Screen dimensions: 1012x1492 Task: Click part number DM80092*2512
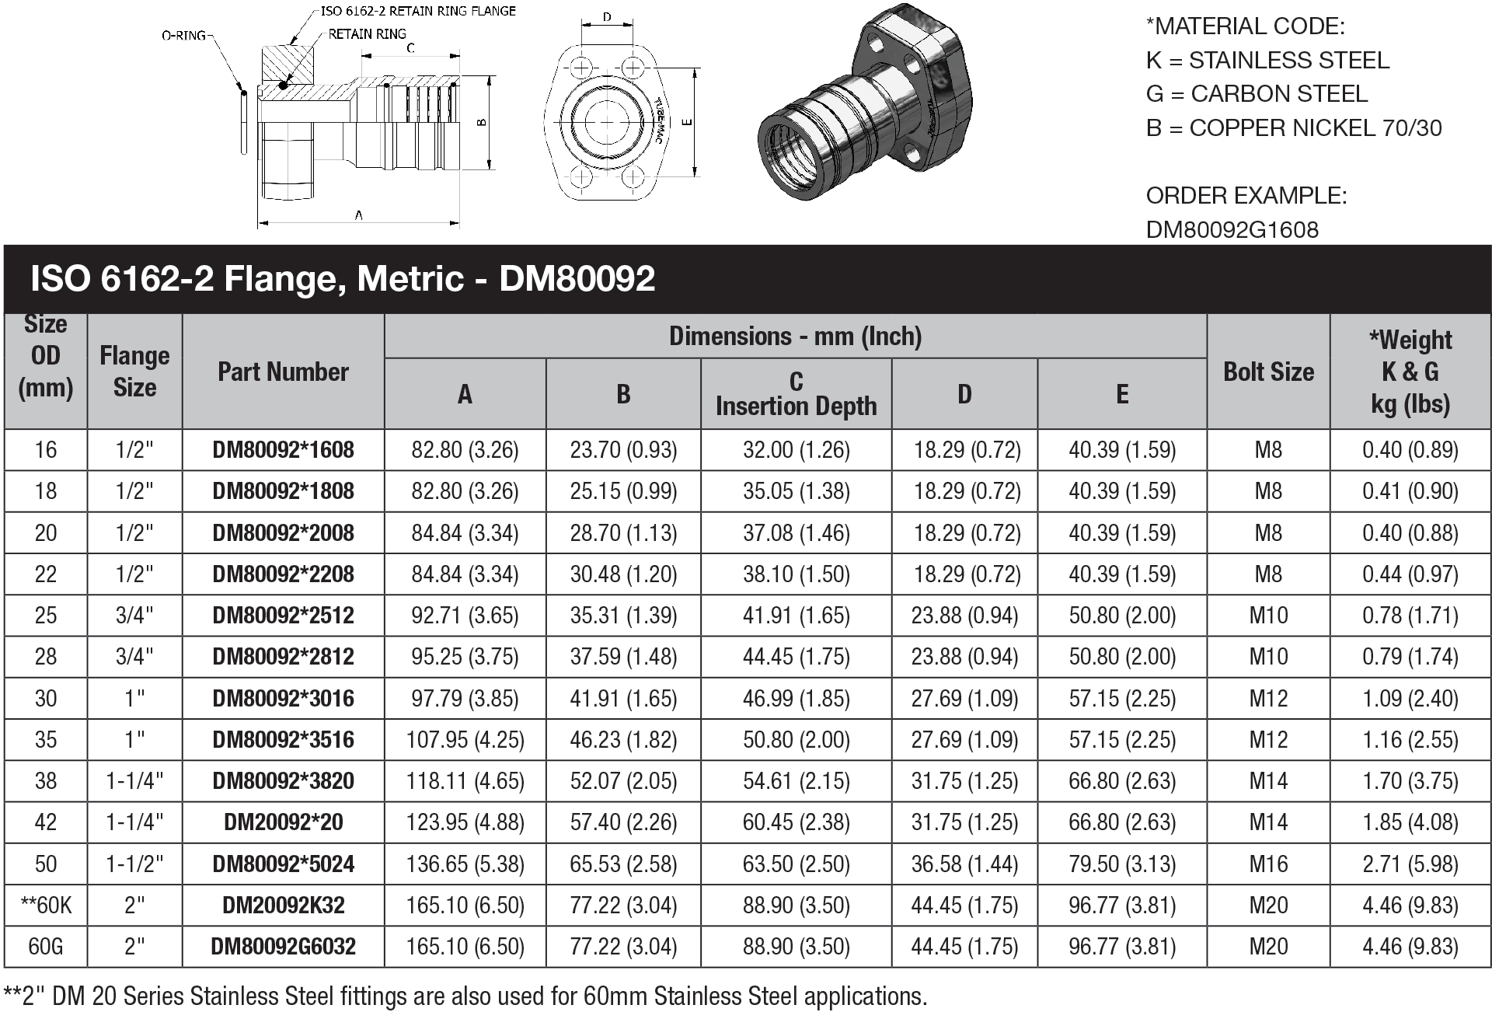[x=283, y=616]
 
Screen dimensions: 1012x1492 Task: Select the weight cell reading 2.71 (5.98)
[x=1410, y=864]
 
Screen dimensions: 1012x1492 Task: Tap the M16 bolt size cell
[x=1268, y=864]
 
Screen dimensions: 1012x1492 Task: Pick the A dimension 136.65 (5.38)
[x=465, y=864]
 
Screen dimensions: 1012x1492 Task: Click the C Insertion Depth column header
[x=796, y=394]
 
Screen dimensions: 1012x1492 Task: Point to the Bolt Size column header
[x=1268, y=372]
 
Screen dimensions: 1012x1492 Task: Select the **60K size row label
[x=45, y=905]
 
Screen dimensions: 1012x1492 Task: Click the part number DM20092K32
[x=283, y=905]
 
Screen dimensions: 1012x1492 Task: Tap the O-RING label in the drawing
[x=183, y=35]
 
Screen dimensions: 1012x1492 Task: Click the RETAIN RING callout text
[x=367, y=34]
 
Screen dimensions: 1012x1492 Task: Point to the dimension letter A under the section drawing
[x=358, y=215]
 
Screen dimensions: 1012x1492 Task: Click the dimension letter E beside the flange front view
[x=686, y=122]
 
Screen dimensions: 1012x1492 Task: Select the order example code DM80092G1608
[x=1232, y=230]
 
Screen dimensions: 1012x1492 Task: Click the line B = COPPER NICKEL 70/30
[x=1293, y=128]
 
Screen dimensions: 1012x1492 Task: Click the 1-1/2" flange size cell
[x=134, y=864]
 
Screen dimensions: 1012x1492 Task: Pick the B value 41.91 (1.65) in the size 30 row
[x=623, y=698]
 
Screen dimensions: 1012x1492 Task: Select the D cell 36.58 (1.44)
[x=964, y=864]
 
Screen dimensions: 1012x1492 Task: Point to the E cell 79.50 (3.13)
[x=1122, y=864]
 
